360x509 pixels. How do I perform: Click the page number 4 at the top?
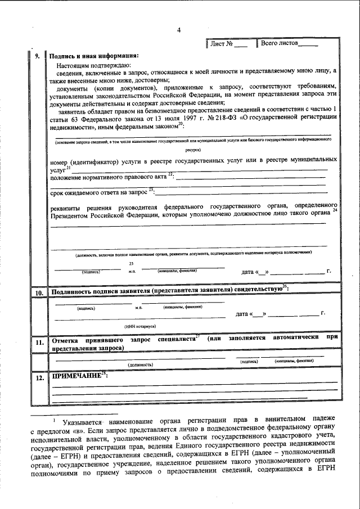178,30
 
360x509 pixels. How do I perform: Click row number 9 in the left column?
37,56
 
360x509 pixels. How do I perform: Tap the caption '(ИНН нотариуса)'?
140,326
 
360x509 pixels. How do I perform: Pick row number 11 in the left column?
39,342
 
